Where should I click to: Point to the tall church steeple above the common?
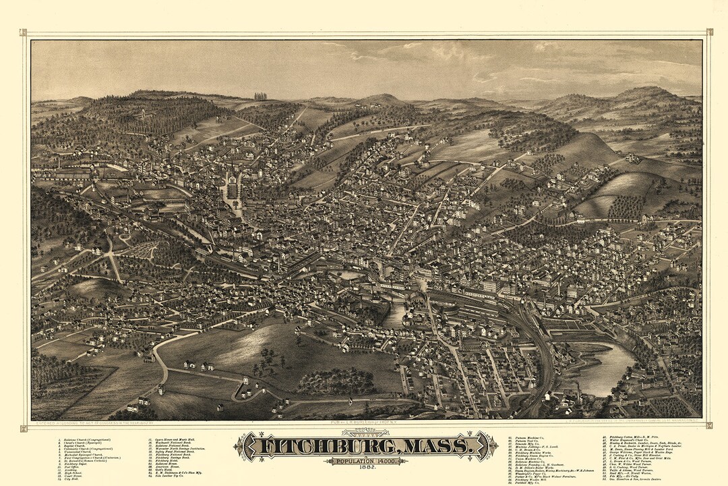[232, 169]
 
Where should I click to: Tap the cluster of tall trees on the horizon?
[260, 96]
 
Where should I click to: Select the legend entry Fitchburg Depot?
[75, 464]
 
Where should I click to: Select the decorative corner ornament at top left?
[24, 32]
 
